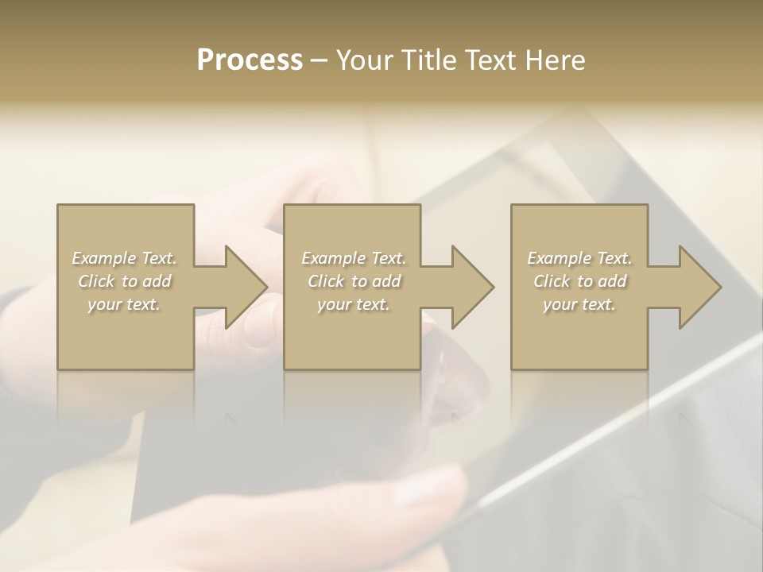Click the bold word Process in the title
point(250,60)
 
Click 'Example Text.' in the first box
point(125,258)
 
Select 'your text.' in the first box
point(125,304)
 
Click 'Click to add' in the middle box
point(354,281)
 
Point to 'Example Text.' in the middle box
point(354,258)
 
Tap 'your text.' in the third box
point(579,304)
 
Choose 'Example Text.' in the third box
point(579,258)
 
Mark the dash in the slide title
point(320,61)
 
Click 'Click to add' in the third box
point(579,281)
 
